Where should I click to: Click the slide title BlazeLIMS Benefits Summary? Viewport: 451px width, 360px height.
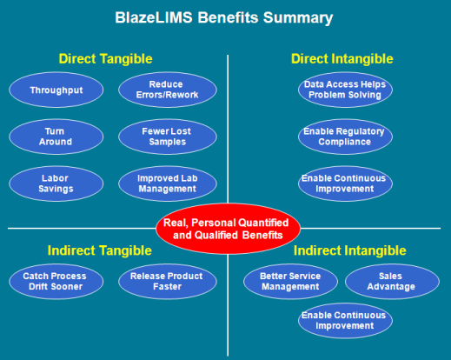225,17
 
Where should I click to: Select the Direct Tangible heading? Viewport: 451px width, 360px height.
105,58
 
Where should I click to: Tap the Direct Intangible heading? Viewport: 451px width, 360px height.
342,58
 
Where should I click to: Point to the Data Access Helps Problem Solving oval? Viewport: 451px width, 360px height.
344,90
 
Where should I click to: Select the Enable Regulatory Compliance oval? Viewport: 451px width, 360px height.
344,137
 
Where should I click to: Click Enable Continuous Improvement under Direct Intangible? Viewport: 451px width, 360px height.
344,183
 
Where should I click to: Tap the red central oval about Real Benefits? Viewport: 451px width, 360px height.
228,229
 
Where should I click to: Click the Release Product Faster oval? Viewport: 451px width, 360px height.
166,282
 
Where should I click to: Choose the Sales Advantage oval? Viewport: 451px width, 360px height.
392,282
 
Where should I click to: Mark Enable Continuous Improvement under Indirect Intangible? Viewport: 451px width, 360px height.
344,320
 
